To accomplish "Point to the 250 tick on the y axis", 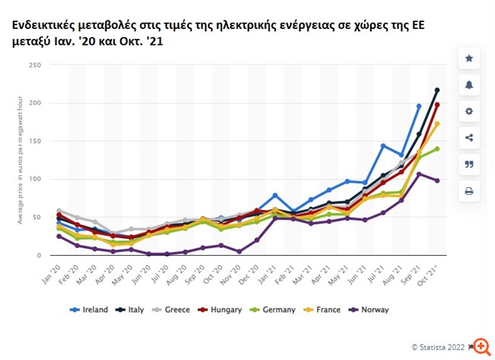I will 35,65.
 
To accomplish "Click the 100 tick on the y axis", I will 35,179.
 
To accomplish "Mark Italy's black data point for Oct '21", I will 437,91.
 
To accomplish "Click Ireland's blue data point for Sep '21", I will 419,106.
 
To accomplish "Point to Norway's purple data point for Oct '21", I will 437,180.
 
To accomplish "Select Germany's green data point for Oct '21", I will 437,148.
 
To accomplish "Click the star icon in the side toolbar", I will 469,58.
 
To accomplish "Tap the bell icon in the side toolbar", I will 469,84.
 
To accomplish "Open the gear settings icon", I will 469,111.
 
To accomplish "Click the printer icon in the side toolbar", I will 469,191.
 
